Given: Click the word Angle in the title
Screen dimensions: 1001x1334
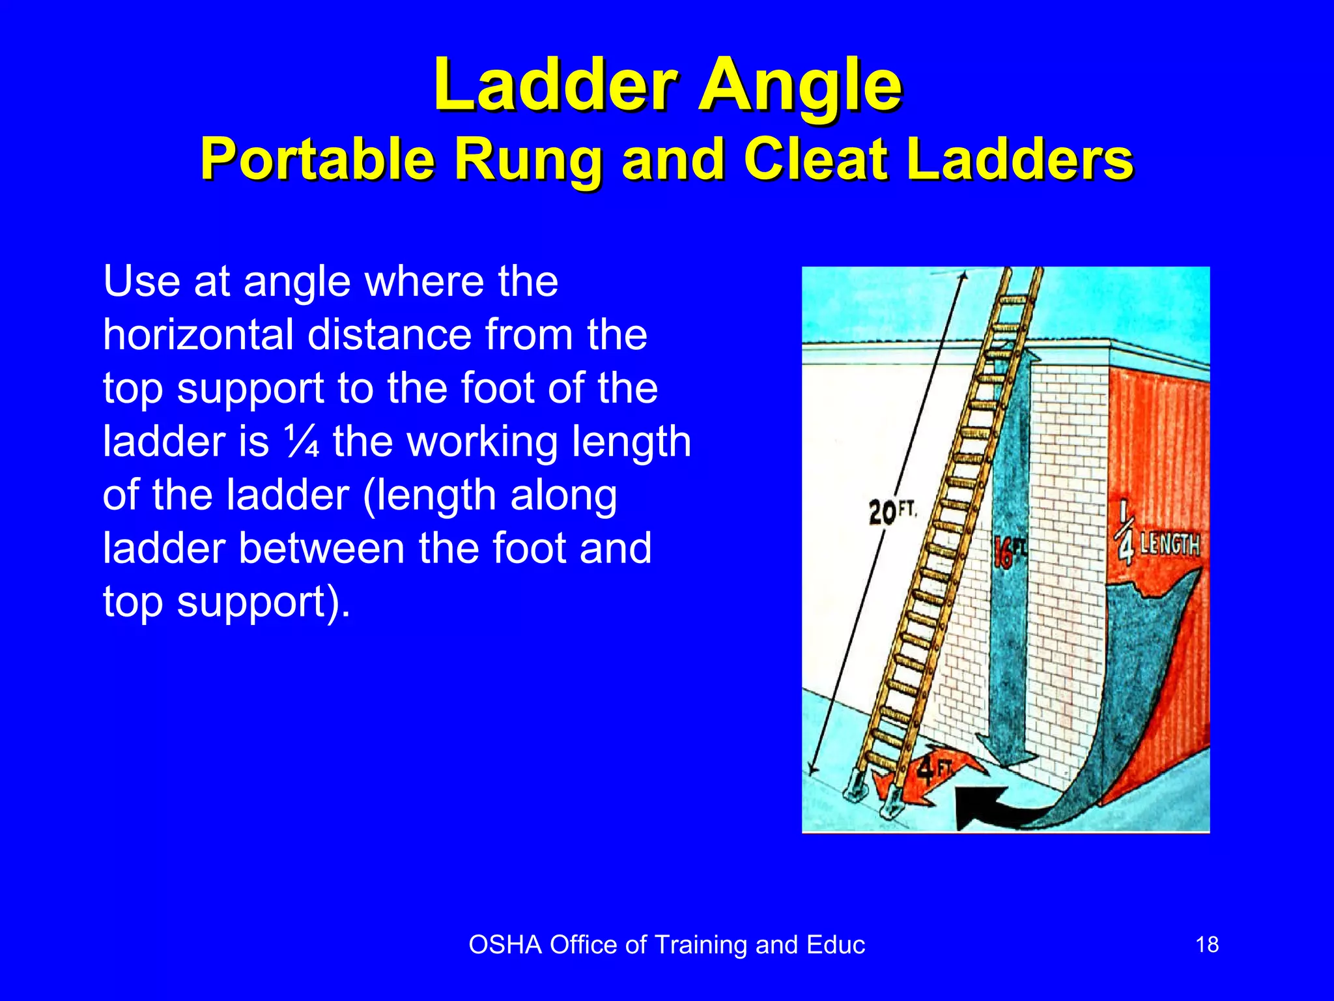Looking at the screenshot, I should coord(800,86).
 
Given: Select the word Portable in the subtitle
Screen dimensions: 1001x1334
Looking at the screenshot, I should coord(318,160).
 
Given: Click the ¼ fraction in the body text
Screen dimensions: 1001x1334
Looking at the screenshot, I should coord(302,442).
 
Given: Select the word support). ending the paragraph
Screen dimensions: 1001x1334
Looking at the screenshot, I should coord(263,602).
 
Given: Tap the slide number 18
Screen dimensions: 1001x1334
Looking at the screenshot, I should coord(1207,944).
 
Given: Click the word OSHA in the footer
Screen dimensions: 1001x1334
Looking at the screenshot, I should coord(505,945).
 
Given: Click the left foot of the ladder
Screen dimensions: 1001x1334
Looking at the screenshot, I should coord(853,792).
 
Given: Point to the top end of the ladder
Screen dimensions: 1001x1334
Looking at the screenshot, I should coord(1023,274).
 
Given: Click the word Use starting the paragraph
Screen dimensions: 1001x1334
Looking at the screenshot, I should coord(141,282).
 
